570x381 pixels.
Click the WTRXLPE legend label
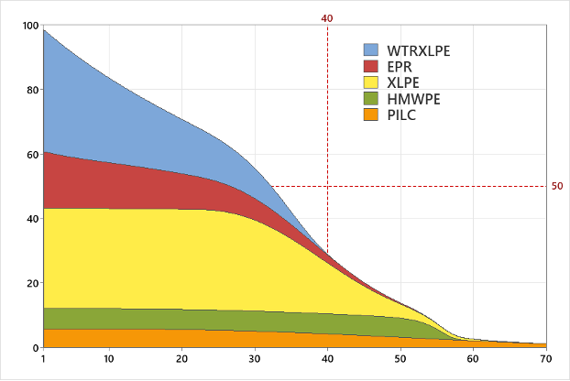click(419, 49)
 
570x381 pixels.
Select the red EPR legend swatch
click(371, 66)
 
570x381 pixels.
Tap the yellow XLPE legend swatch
click(371, 82)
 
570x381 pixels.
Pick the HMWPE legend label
click(413, 99)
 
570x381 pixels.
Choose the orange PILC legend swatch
click(371, 114)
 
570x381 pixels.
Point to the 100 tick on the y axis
click(31, 26)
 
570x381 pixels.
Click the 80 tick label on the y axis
click(31, 90)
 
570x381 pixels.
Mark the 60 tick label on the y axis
click(31, 155)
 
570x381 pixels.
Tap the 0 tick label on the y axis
click(35, 348)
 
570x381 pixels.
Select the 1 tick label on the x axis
click(43, 358)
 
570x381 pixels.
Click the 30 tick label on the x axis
click(255, 358)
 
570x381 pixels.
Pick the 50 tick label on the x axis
click(400, 358)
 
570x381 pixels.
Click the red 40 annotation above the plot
click(327, 18)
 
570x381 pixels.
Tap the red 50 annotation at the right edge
click(557, 187)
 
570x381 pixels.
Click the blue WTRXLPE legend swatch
click(371, 49)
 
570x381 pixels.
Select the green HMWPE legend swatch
click(371, 99)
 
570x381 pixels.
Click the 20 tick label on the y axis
click(31, 284)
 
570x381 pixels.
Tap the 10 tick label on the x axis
click(109, 358)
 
